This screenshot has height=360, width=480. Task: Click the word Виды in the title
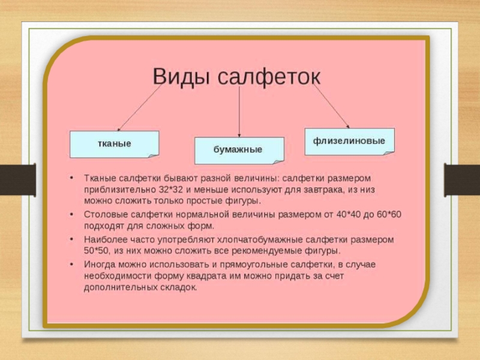(x=181, y=77)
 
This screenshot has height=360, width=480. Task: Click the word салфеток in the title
(x=269, y=77)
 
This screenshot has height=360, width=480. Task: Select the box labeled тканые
(x=115, y=144)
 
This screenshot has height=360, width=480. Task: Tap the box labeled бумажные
(x=239, y=151)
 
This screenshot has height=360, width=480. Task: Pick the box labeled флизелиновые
(x=350, y=142)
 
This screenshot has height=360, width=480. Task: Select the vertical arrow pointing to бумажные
(x=239, y=112)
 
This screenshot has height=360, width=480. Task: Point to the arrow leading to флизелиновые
(x=331, y=106)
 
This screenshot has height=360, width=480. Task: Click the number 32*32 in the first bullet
(x=171, y=190)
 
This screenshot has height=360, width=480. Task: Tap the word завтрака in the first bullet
(x=323, y=190)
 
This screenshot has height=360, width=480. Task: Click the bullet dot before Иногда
(x=71, y=264)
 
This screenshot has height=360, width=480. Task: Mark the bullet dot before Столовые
(x=71, y=214)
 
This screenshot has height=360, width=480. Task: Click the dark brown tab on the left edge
(x=18, y=179)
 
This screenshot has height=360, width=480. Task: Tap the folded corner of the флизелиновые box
(x=389, y=153)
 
